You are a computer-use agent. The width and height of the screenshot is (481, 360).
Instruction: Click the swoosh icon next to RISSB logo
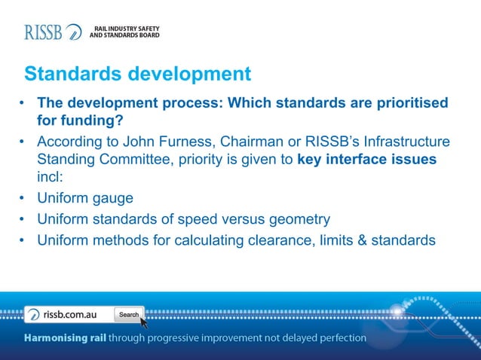[x=74, y=32]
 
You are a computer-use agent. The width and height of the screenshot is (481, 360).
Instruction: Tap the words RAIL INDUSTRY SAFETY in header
[x=125, y=29]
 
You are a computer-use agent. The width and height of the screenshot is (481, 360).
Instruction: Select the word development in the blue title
[x=189, y=74]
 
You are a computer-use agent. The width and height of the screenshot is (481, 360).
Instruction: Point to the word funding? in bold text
[x=93, y=121]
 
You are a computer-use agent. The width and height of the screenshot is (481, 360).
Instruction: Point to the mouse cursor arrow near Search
[x=143, y=322]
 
